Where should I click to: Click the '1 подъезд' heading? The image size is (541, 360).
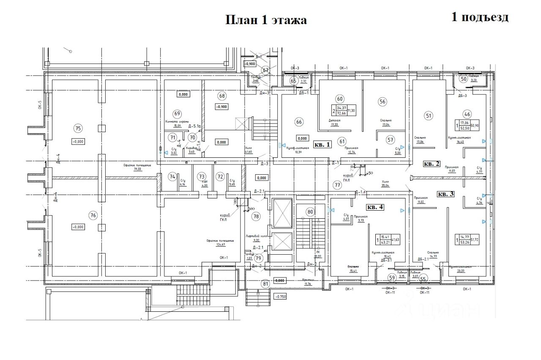click(x=480, y=17)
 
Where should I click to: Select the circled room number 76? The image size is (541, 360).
click(x=93, y=215)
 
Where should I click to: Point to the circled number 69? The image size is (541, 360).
click(x=177, y=113)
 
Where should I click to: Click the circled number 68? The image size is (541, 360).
click(x=221, y=96)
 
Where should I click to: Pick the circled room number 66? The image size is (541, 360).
click(x=299, y=122)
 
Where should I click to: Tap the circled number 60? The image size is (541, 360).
click(x=339, y=99)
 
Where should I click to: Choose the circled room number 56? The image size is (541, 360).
click(x=383, y=102)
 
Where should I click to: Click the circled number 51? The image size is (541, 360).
click(x=429, y=115)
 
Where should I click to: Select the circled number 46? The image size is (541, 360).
click(x=467, y=113)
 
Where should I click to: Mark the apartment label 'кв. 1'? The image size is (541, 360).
click(x=322, y=144)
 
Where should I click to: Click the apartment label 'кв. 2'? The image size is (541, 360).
click(x=432, y=163)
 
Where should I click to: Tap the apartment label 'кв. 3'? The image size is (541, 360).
click(x=446, y=194)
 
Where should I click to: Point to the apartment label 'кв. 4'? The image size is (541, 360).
click(x=375, y=207)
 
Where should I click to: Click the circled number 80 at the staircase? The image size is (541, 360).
click(x=310, y=212)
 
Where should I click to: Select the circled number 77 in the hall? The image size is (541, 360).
click(x=337, y=184)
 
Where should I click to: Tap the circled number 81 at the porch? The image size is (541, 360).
click(x=265, y=284)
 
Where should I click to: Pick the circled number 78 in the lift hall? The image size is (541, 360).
click(x=256, y=217)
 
